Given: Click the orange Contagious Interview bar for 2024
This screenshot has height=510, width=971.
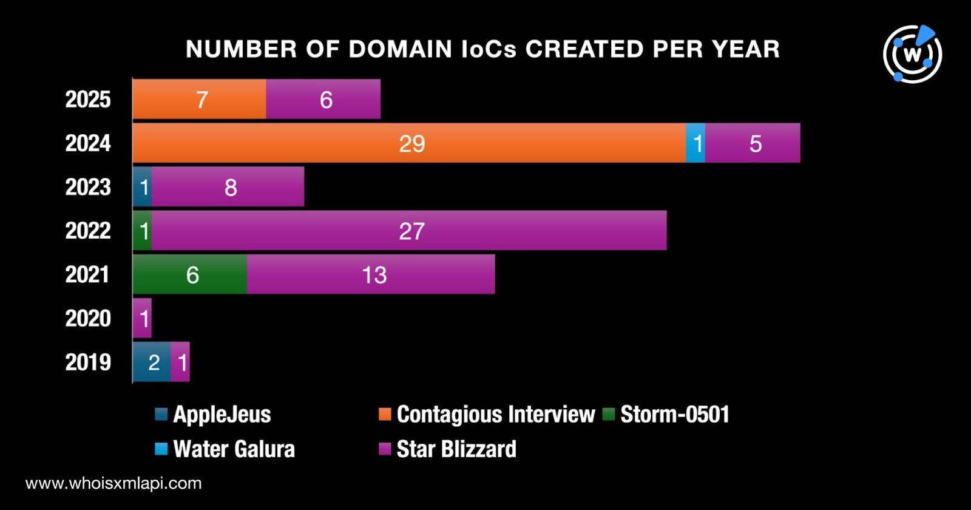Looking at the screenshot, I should click(x=409, y=143).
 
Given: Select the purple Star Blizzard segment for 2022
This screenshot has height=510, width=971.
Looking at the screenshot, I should click(x=409, y=231).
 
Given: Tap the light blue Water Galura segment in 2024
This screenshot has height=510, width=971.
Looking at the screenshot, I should click(x=695, y=143).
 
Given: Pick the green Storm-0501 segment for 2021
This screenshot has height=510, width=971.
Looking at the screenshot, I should click(x=190, y=274).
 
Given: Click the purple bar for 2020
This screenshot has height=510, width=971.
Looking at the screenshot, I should click(x=142, y=318).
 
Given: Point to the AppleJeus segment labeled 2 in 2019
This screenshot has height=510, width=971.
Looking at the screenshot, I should click(x=152, y=362).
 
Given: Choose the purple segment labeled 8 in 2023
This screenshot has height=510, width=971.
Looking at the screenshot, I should click(x=228, y=187).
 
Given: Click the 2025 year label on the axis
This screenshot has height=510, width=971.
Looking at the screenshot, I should click(x=88, y=99).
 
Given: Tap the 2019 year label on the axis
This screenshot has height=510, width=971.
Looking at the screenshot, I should click(x=88, y=362).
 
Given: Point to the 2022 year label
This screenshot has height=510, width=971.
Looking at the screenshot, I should click(x=88, y=231).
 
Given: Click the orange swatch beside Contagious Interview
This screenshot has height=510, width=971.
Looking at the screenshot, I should click(x=385, y=415).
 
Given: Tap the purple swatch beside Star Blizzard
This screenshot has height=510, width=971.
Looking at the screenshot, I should click(x=385, y=449).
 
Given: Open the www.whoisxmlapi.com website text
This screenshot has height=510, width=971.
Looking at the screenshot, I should click(x=113, y=483).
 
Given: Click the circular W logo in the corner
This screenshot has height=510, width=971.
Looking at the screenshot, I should click(x=912, y=54).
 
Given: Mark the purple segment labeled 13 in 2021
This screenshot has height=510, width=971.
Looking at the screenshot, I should click(x=371, y=274).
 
